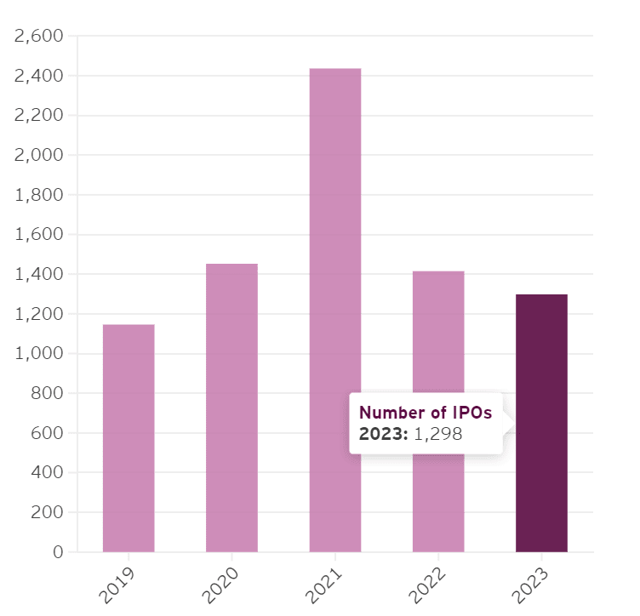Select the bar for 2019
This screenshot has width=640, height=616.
(x=129, y=437)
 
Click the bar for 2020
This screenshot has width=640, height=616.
(x=231, y=408)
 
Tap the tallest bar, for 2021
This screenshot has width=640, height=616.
(x=335, y=310)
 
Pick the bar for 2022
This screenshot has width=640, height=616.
(x=438, y=340)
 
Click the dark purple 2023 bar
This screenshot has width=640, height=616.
(x=541, y=476)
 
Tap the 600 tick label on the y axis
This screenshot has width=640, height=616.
(x=48, y=433)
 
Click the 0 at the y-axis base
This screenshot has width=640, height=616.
(x=58, y=552)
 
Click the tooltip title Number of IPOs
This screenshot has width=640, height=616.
(x=425, y=413)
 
